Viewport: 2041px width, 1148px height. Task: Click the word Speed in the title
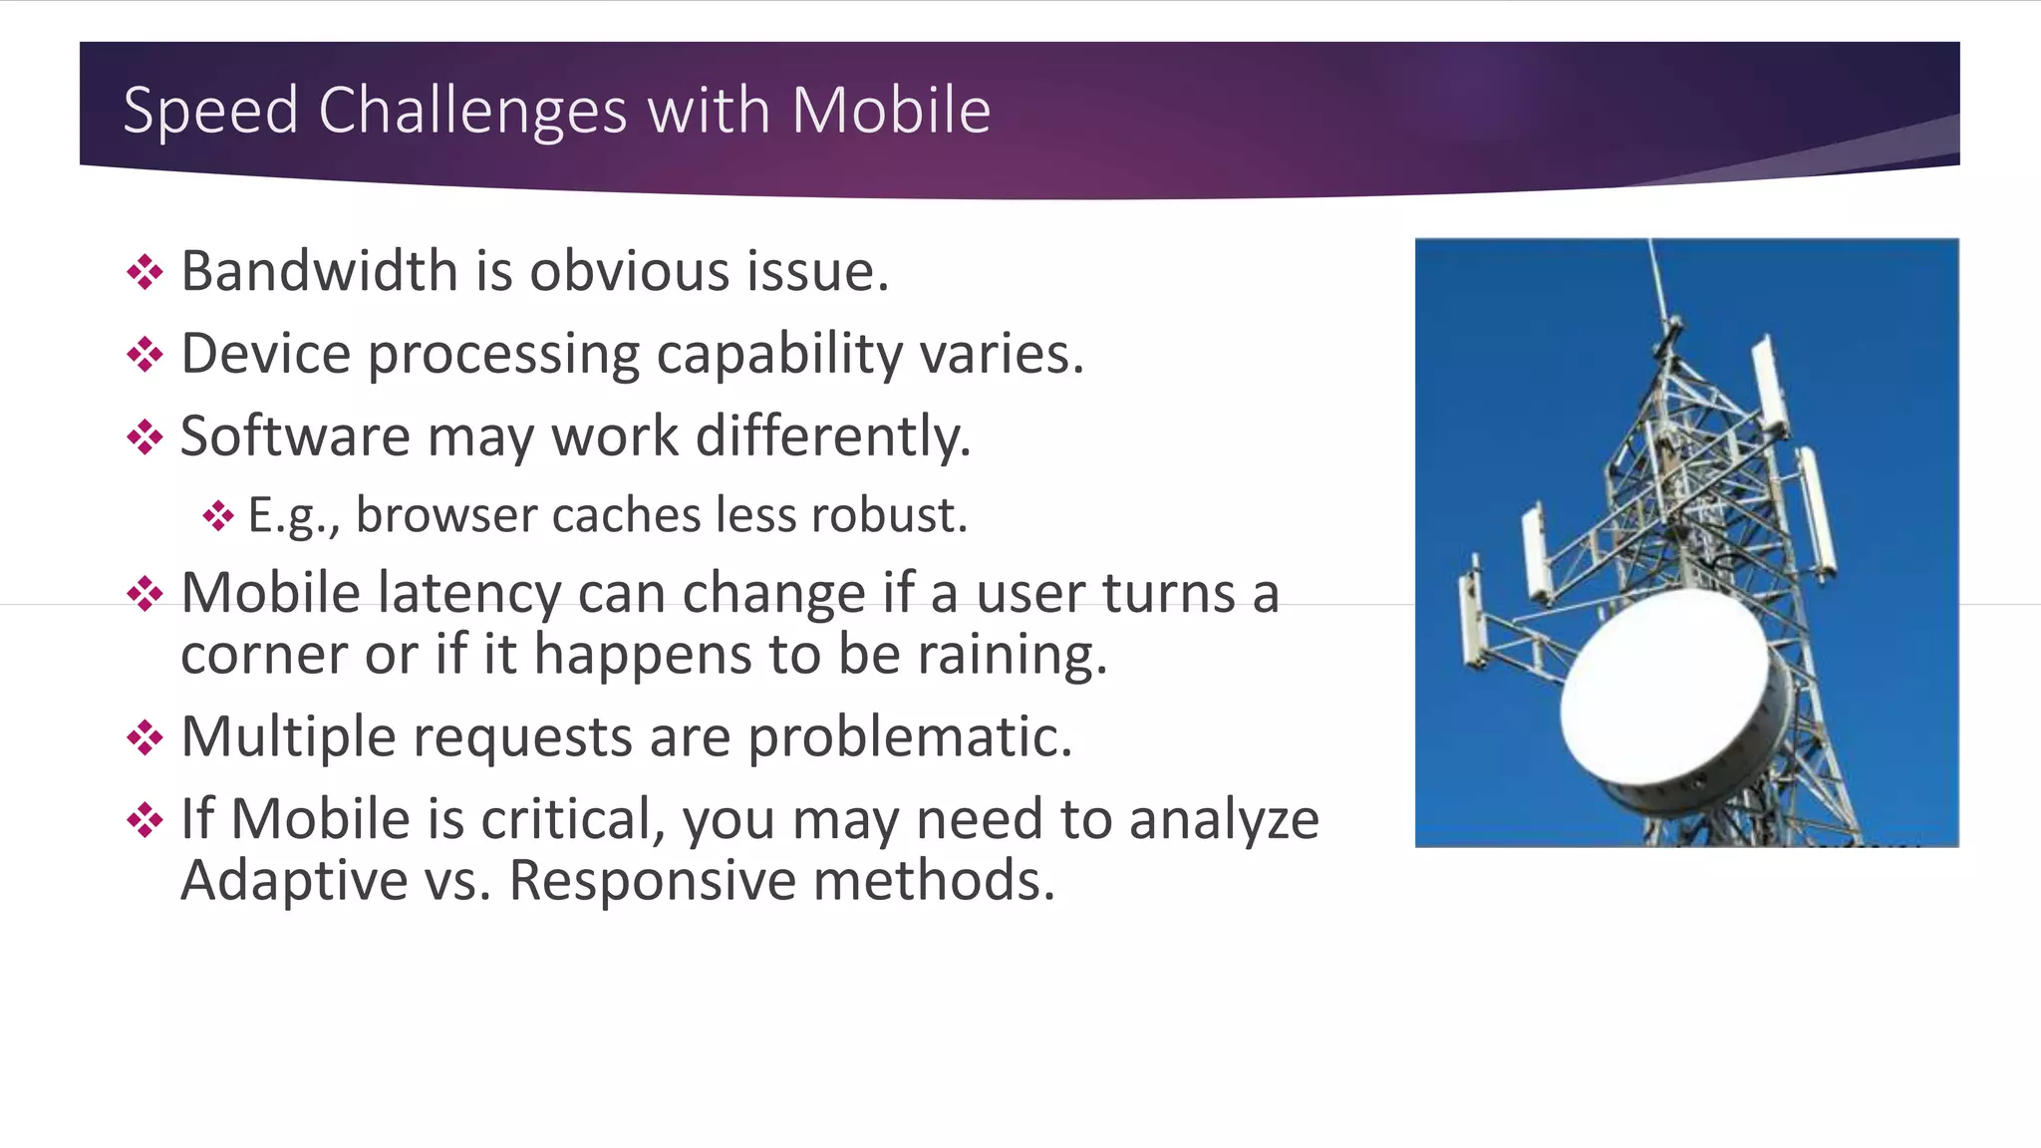pyautogui.click(x=210, y=111)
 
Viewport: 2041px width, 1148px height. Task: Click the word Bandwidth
pyautogui.click(x=319, y=271)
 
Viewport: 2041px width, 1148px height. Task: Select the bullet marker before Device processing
pyautogui.click(x=146, y=355)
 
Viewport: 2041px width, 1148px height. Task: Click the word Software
pyautogui.click(x=295, y=436)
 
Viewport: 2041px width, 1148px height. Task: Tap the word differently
pyautogui.click(x=832, y=436)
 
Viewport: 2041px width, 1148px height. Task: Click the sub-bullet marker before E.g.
pyautogui.click(x=218, y=516)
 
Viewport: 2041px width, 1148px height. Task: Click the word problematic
pyautogui.click(x=909, y=737)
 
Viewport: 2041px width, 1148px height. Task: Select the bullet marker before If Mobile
pyautogui.click(x=146, y=821)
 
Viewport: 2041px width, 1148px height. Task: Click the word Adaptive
pyautogui.click(x=295, y=881)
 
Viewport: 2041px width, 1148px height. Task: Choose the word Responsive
pyautogui.click(x=651, y=881)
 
